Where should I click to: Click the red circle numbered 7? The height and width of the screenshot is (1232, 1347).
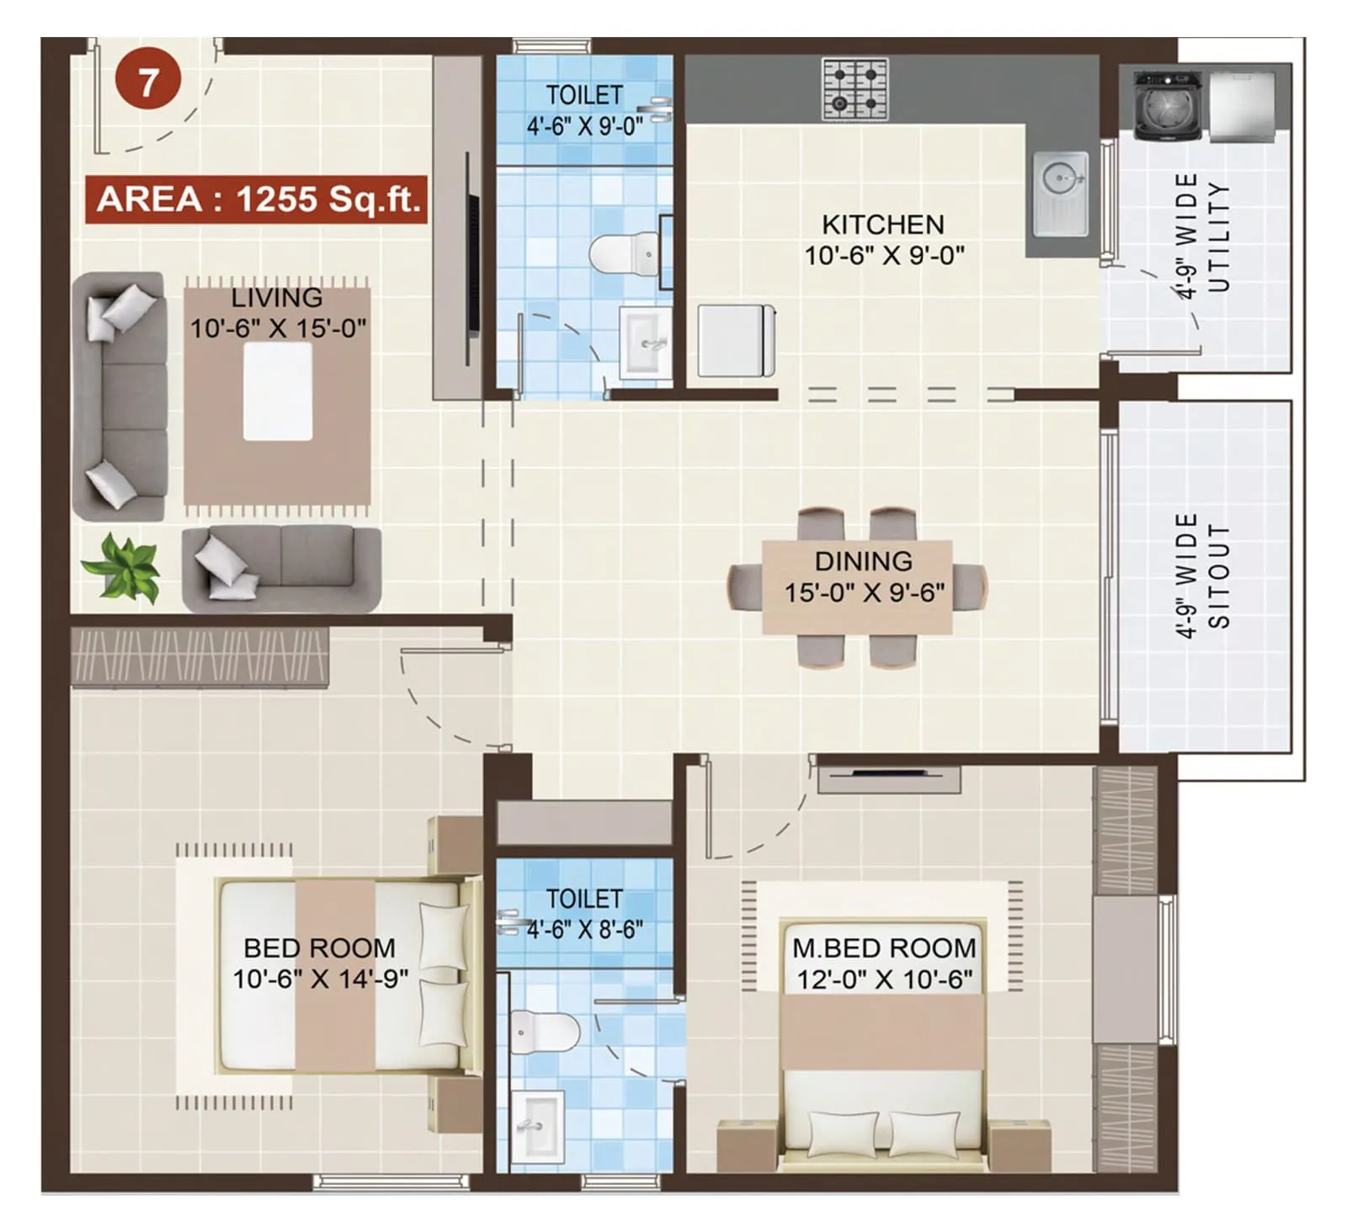148,81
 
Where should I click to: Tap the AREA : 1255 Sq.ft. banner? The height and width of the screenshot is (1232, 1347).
257,199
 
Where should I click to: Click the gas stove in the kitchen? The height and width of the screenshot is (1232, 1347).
855,89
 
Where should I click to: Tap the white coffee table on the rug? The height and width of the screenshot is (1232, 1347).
278,391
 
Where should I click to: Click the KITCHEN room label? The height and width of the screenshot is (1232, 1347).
882,225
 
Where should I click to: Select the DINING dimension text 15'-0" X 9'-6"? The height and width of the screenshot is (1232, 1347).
864,592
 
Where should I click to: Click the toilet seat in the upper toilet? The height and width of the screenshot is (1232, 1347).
624,253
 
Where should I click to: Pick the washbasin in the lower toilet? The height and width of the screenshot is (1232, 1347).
536,1126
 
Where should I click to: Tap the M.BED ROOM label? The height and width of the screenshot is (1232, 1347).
883,948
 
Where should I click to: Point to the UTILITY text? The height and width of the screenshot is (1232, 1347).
1218,237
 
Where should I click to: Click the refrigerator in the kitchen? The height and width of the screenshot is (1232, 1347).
736,341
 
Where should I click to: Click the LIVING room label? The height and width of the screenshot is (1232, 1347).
277,298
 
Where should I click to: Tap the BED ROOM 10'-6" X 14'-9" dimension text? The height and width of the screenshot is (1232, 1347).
320,979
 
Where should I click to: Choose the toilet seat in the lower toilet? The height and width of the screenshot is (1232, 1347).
546,1031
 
